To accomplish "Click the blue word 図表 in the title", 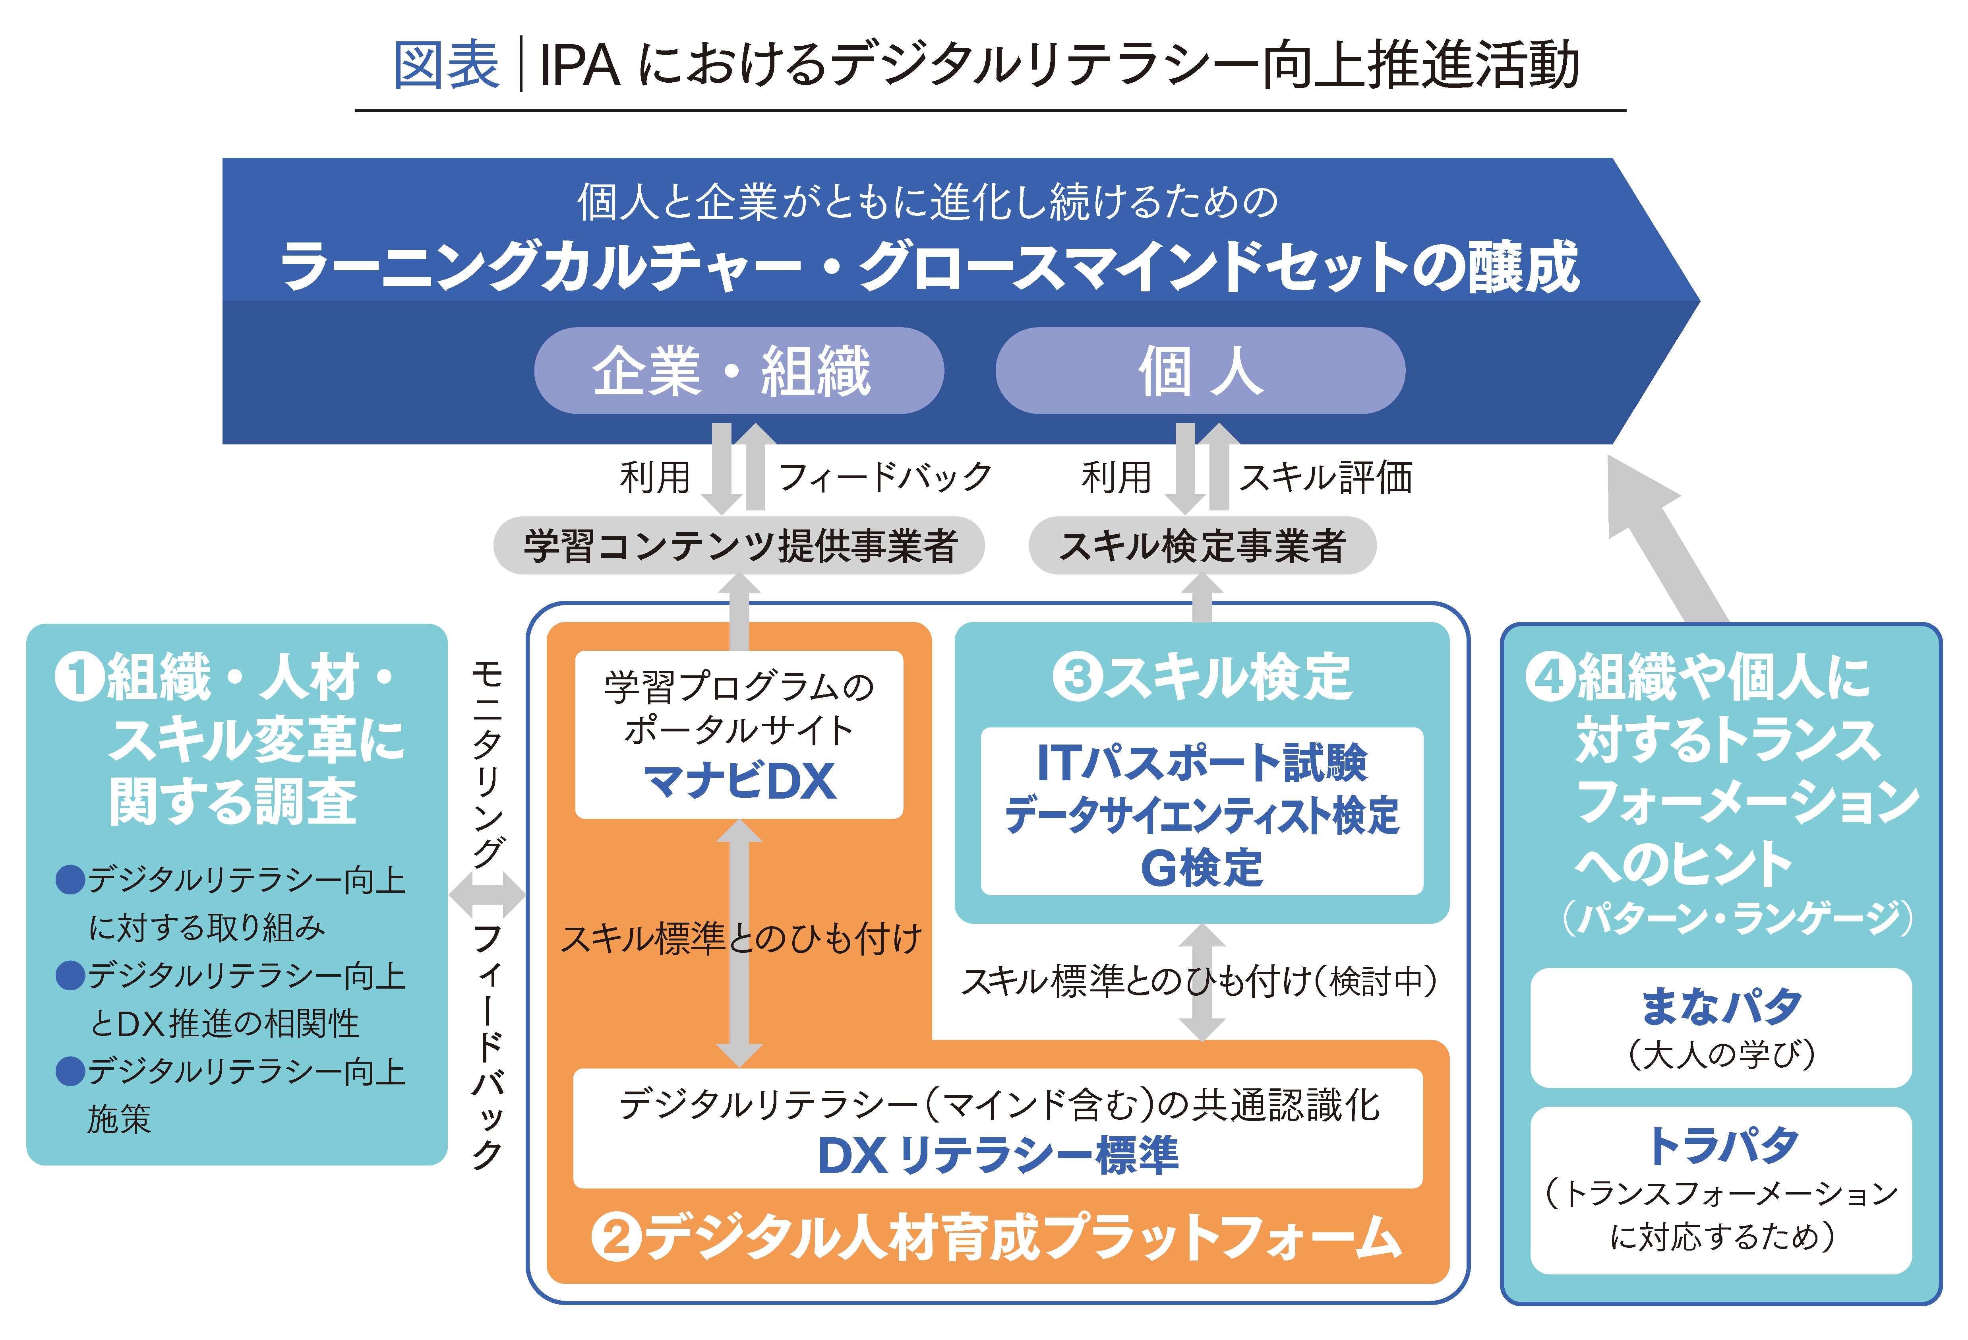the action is (446, 65).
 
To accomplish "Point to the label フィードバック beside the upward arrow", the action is (884, 477).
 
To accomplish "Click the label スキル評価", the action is (1326, 477).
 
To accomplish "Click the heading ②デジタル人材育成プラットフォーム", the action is (997, 1237).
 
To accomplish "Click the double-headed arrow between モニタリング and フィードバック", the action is (487, 894).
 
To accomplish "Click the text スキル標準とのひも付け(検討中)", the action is (1200, 982).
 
